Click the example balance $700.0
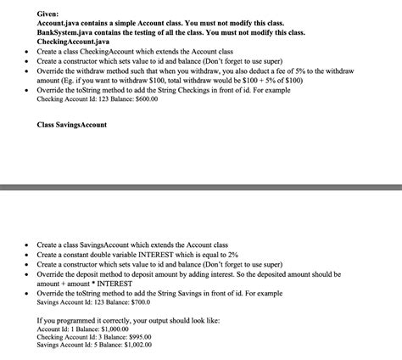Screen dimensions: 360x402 (139, 302)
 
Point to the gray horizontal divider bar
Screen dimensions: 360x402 (201, 186)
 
